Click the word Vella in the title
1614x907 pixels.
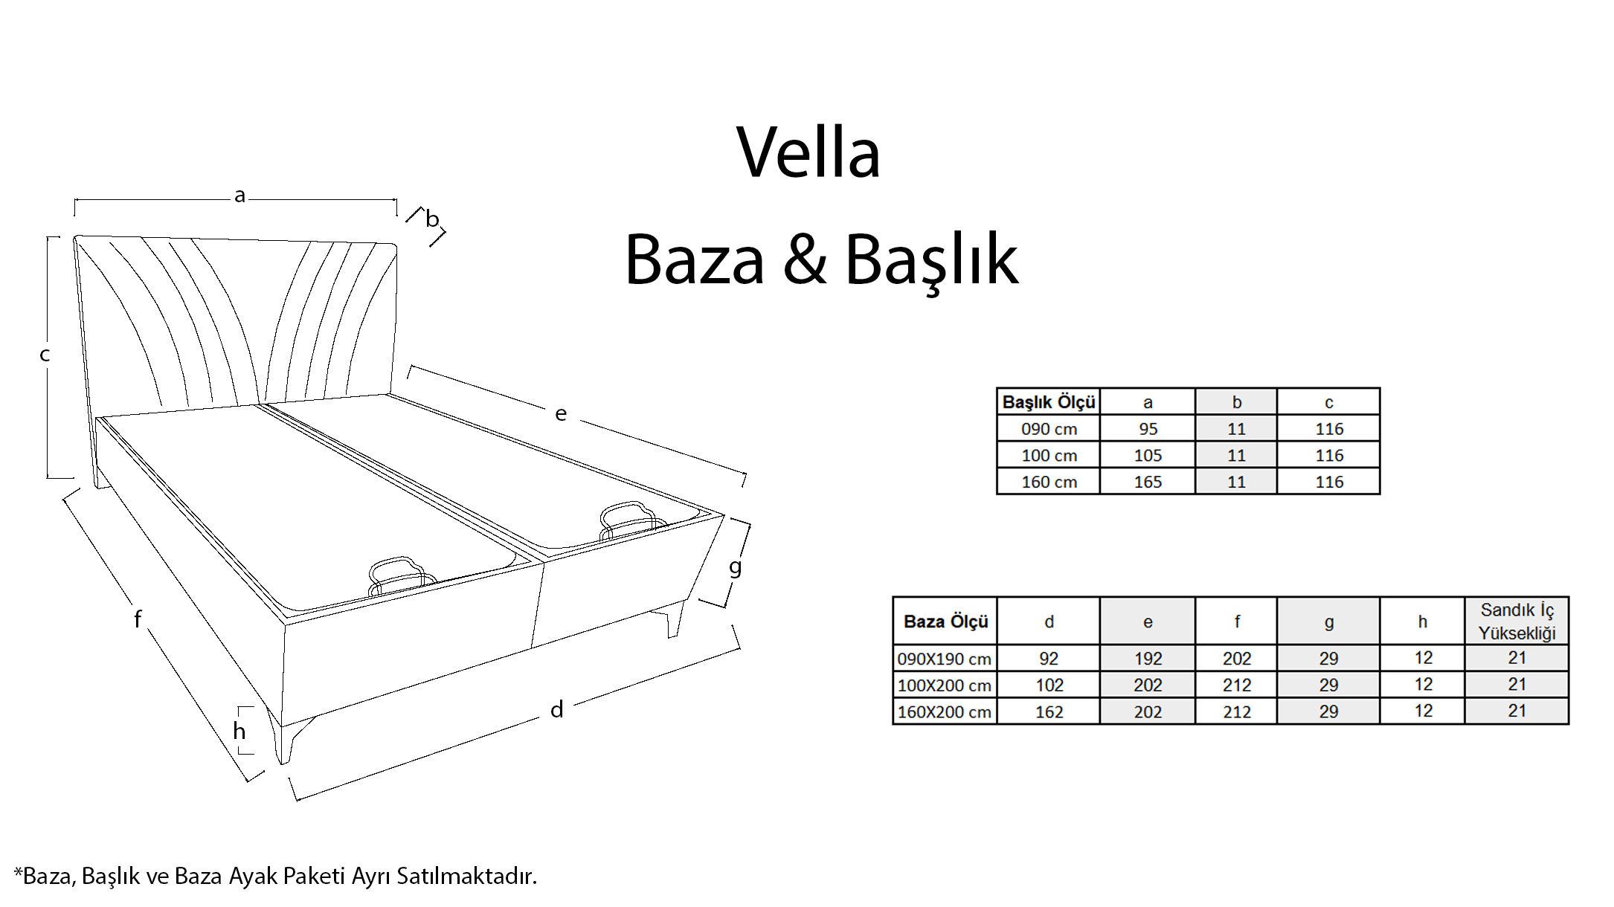point(808,152)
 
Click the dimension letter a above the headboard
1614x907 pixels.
point(239,196)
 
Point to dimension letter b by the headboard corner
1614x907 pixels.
point(432,219)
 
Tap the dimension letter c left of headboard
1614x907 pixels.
point(45,355)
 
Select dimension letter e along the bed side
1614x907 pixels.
point(561,413)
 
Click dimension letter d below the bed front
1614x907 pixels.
point(556,709)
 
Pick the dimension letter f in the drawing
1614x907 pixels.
point(138,619)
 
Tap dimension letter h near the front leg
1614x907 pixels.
point(239,731)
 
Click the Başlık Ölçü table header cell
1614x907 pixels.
point(1049,402)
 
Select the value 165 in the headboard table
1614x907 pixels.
point(1148,482)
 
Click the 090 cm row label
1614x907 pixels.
point(1049,429)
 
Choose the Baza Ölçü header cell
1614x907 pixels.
point(945,622)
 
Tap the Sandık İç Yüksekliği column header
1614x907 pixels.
point(1517,622)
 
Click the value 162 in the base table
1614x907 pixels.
point(1049,711)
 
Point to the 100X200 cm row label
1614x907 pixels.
point(945,685)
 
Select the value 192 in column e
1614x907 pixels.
point(1148,659)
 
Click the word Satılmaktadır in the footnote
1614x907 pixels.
point(466,876)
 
